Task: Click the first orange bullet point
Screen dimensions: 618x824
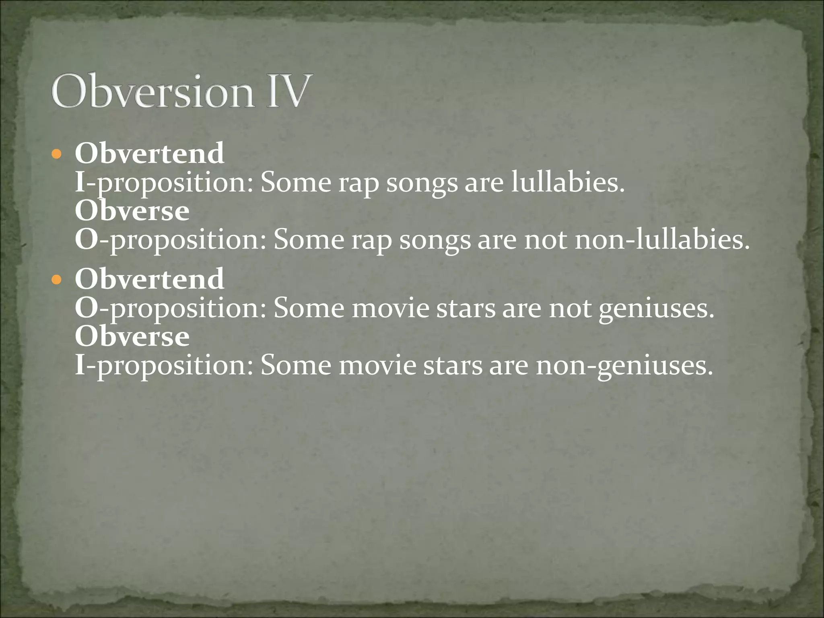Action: tap(57, 154)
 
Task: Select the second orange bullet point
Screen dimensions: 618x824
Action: tap(57, 279)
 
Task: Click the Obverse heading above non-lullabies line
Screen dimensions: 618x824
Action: tap(132, 211)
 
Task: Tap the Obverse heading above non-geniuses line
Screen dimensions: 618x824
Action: tap(132, 336)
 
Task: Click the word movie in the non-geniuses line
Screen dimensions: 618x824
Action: tap(377, 365)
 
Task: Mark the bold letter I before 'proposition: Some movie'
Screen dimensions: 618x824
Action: tap(80, 365)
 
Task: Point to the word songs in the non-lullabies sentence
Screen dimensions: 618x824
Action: tap(435, 241)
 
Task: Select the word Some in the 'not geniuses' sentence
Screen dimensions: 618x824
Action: tap(309, 309)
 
